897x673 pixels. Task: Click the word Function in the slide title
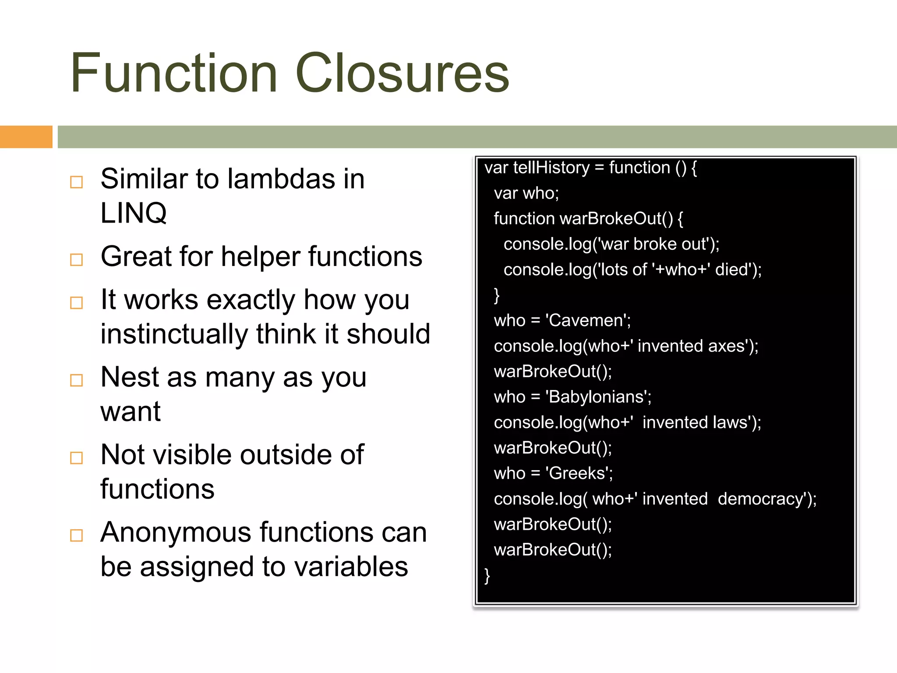click(x=174, y=73)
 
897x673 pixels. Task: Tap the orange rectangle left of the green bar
click(x=26, y=137)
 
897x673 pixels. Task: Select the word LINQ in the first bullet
click(x=134, y=213)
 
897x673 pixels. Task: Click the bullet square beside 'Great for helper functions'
click(x=77, y=259)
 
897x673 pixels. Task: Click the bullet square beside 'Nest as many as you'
click(x=77, y=380)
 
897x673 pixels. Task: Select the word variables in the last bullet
click(x=351, y=567)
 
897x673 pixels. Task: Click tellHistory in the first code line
click(x=551, y=168)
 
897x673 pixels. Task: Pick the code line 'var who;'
click(x=526, y=193)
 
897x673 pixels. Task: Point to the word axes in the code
click(x=727, y=346)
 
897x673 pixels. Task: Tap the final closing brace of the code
click(x=487, y=575)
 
